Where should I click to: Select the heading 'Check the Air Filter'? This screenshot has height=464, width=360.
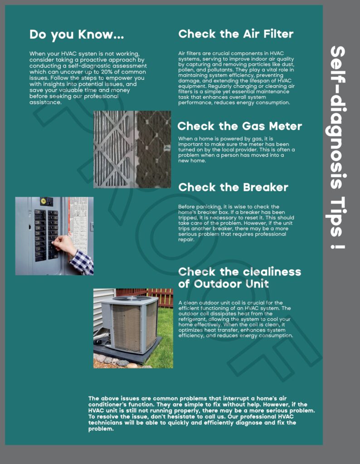coord(236,34)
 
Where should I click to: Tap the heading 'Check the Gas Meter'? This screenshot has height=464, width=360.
coord(239,126)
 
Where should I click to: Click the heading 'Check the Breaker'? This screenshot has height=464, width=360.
coord(233,187)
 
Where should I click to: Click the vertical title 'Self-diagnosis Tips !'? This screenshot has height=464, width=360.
coord(337,147)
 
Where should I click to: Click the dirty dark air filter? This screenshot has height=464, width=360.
coord(153,150)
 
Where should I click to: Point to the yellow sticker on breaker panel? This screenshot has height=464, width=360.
coord(44,201)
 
